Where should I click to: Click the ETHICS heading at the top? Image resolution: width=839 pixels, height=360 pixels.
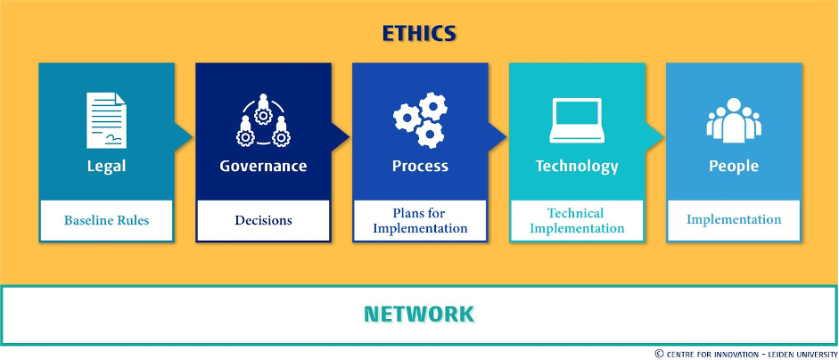(x=419, y=34)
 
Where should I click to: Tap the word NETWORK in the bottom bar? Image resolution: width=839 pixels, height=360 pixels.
(x=419, y=314)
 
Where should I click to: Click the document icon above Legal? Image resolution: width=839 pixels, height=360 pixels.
(x=106, y=120)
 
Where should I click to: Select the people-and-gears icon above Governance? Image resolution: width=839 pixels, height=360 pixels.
(x=263, y=120)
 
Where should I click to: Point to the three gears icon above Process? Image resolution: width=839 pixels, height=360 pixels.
(x=420, y=120)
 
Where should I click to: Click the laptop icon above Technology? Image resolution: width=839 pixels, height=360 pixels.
(x=577, y=120)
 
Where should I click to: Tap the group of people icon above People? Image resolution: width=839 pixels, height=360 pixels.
(x=734, y=120)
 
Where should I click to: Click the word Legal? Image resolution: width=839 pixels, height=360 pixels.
(x=106, y=166)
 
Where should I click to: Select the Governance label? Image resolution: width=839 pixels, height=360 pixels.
(x=263, y=166)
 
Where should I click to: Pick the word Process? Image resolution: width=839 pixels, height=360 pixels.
(x=420, y=166)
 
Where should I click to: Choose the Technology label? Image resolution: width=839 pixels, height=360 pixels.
(x=577, y=167)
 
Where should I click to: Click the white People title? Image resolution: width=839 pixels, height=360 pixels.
(x=734, y=167)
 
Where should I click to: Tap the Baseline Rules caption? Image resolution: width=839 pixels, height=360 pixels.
(x=106, y=220)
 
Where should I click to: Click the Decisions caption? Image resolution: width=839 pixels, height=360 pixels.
(x=263, y=220)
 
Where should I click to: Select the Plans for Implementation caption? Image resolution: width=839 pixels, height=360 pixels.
(x=420, y=220)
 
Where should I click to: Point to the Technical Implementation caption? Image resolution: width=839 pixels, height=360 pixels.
(x=577, y=220)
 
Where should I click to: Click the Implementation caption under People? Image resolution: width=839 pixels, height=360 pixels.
(x=734, y=219)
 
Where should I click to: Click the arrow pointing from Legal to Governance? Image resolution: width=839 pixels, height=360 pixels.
(x=183, y=137)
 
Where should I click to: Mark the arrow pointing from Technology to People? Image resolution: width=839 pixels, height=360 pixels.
(x=654, y=137)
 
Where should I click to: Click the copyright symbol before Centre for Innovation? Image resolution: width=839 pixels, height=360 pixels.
(x=659, y=354)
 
